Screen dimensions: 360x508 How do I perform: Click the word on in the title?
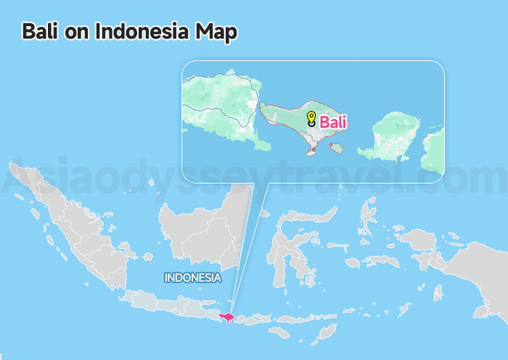pos(74,33)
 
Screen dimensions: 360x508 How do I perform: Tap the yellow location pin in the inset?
pos(311,118)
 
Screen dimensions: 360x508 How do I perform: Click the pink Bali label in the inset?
pos(333,122)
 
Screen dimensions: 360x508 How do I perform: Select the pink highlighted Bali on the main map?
pos(229,316)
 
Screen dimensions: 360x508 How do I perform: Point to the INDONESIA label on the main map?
pos(192,277)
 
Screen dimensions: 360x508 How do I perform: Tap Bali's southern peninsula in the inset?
pos(311,151)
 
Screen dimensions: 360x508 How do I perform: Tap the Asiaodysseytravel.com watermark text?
pos(254,178)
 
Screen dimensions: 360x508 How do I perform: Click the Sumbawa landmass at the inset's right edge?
pos(434,149)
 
